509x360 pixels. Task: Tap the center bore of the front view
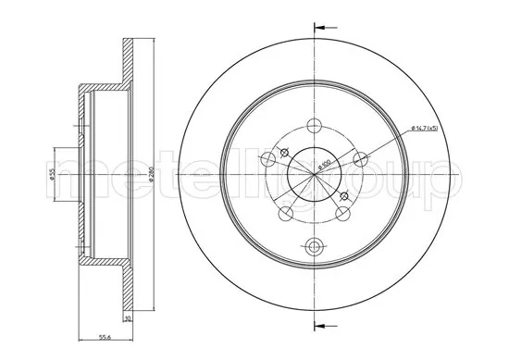(x=316, y=177)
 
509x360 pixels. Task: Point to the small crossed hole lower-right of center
(x=345, y=196)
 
